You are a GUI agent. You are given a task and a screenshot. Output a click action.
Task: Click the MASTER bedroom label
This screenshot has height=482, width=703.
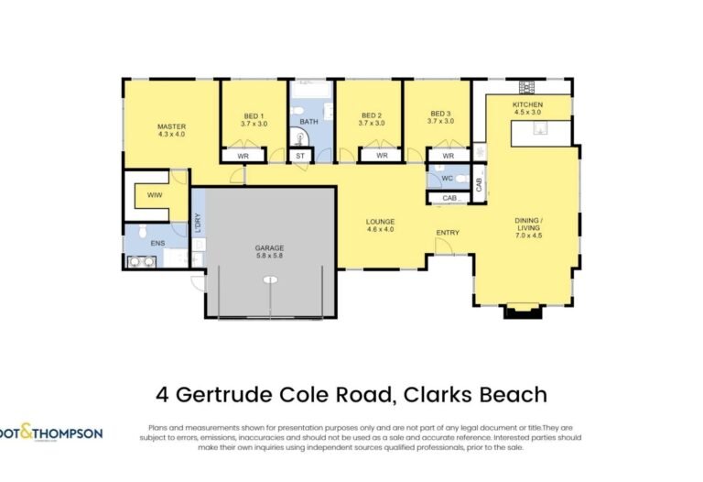171,126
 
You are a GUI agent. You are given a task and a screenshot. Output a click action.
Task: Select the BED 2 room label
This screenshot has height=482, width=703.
372,115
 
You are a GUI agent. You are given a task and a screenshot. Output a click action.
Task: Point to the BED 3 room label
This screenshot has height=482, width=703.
440,114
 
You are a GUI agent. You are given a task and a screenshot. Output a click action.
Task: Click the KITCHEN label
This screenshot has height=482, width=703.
527,104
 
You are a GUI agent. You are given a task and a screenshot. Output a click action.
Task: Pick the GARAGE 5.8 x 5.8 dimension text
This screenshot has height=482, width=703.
269,256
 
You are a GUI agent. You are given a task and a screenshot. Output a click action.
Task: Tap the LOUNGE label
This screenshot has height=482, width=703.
380,221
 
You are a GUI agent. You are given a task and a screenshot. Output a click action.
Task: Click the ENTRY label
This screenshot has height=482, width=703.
448,233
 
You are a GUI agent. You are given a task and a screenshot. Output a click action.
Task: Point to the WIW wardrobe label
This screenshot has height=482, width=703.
155,195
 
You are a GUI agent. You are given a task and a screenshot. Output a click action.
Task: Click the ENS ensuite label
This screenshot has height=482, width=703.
157,243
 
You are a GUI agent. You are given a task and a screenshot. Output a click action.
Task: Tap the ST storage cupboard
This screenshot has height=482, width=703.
300,156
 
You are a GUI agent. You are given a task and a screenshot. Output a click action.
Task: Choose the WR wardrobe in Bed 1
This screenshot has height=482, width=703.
243,156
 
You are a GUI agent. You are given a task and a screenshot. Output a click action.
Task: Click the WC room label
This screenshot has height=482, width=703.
447,178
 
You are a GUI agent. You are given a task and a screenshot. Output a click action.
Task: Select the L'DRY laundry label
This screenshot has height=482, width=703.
198,223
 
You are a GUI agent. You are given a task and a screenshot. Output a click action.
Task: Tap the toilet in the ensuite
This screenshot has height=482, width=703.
143,231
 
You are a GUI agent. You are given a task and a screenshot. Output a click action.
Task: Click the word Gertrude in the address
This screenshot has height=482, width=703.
224,395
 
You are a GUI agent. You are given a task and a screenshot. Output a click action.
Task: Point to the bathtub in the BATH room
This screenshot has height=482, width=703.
311,89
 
